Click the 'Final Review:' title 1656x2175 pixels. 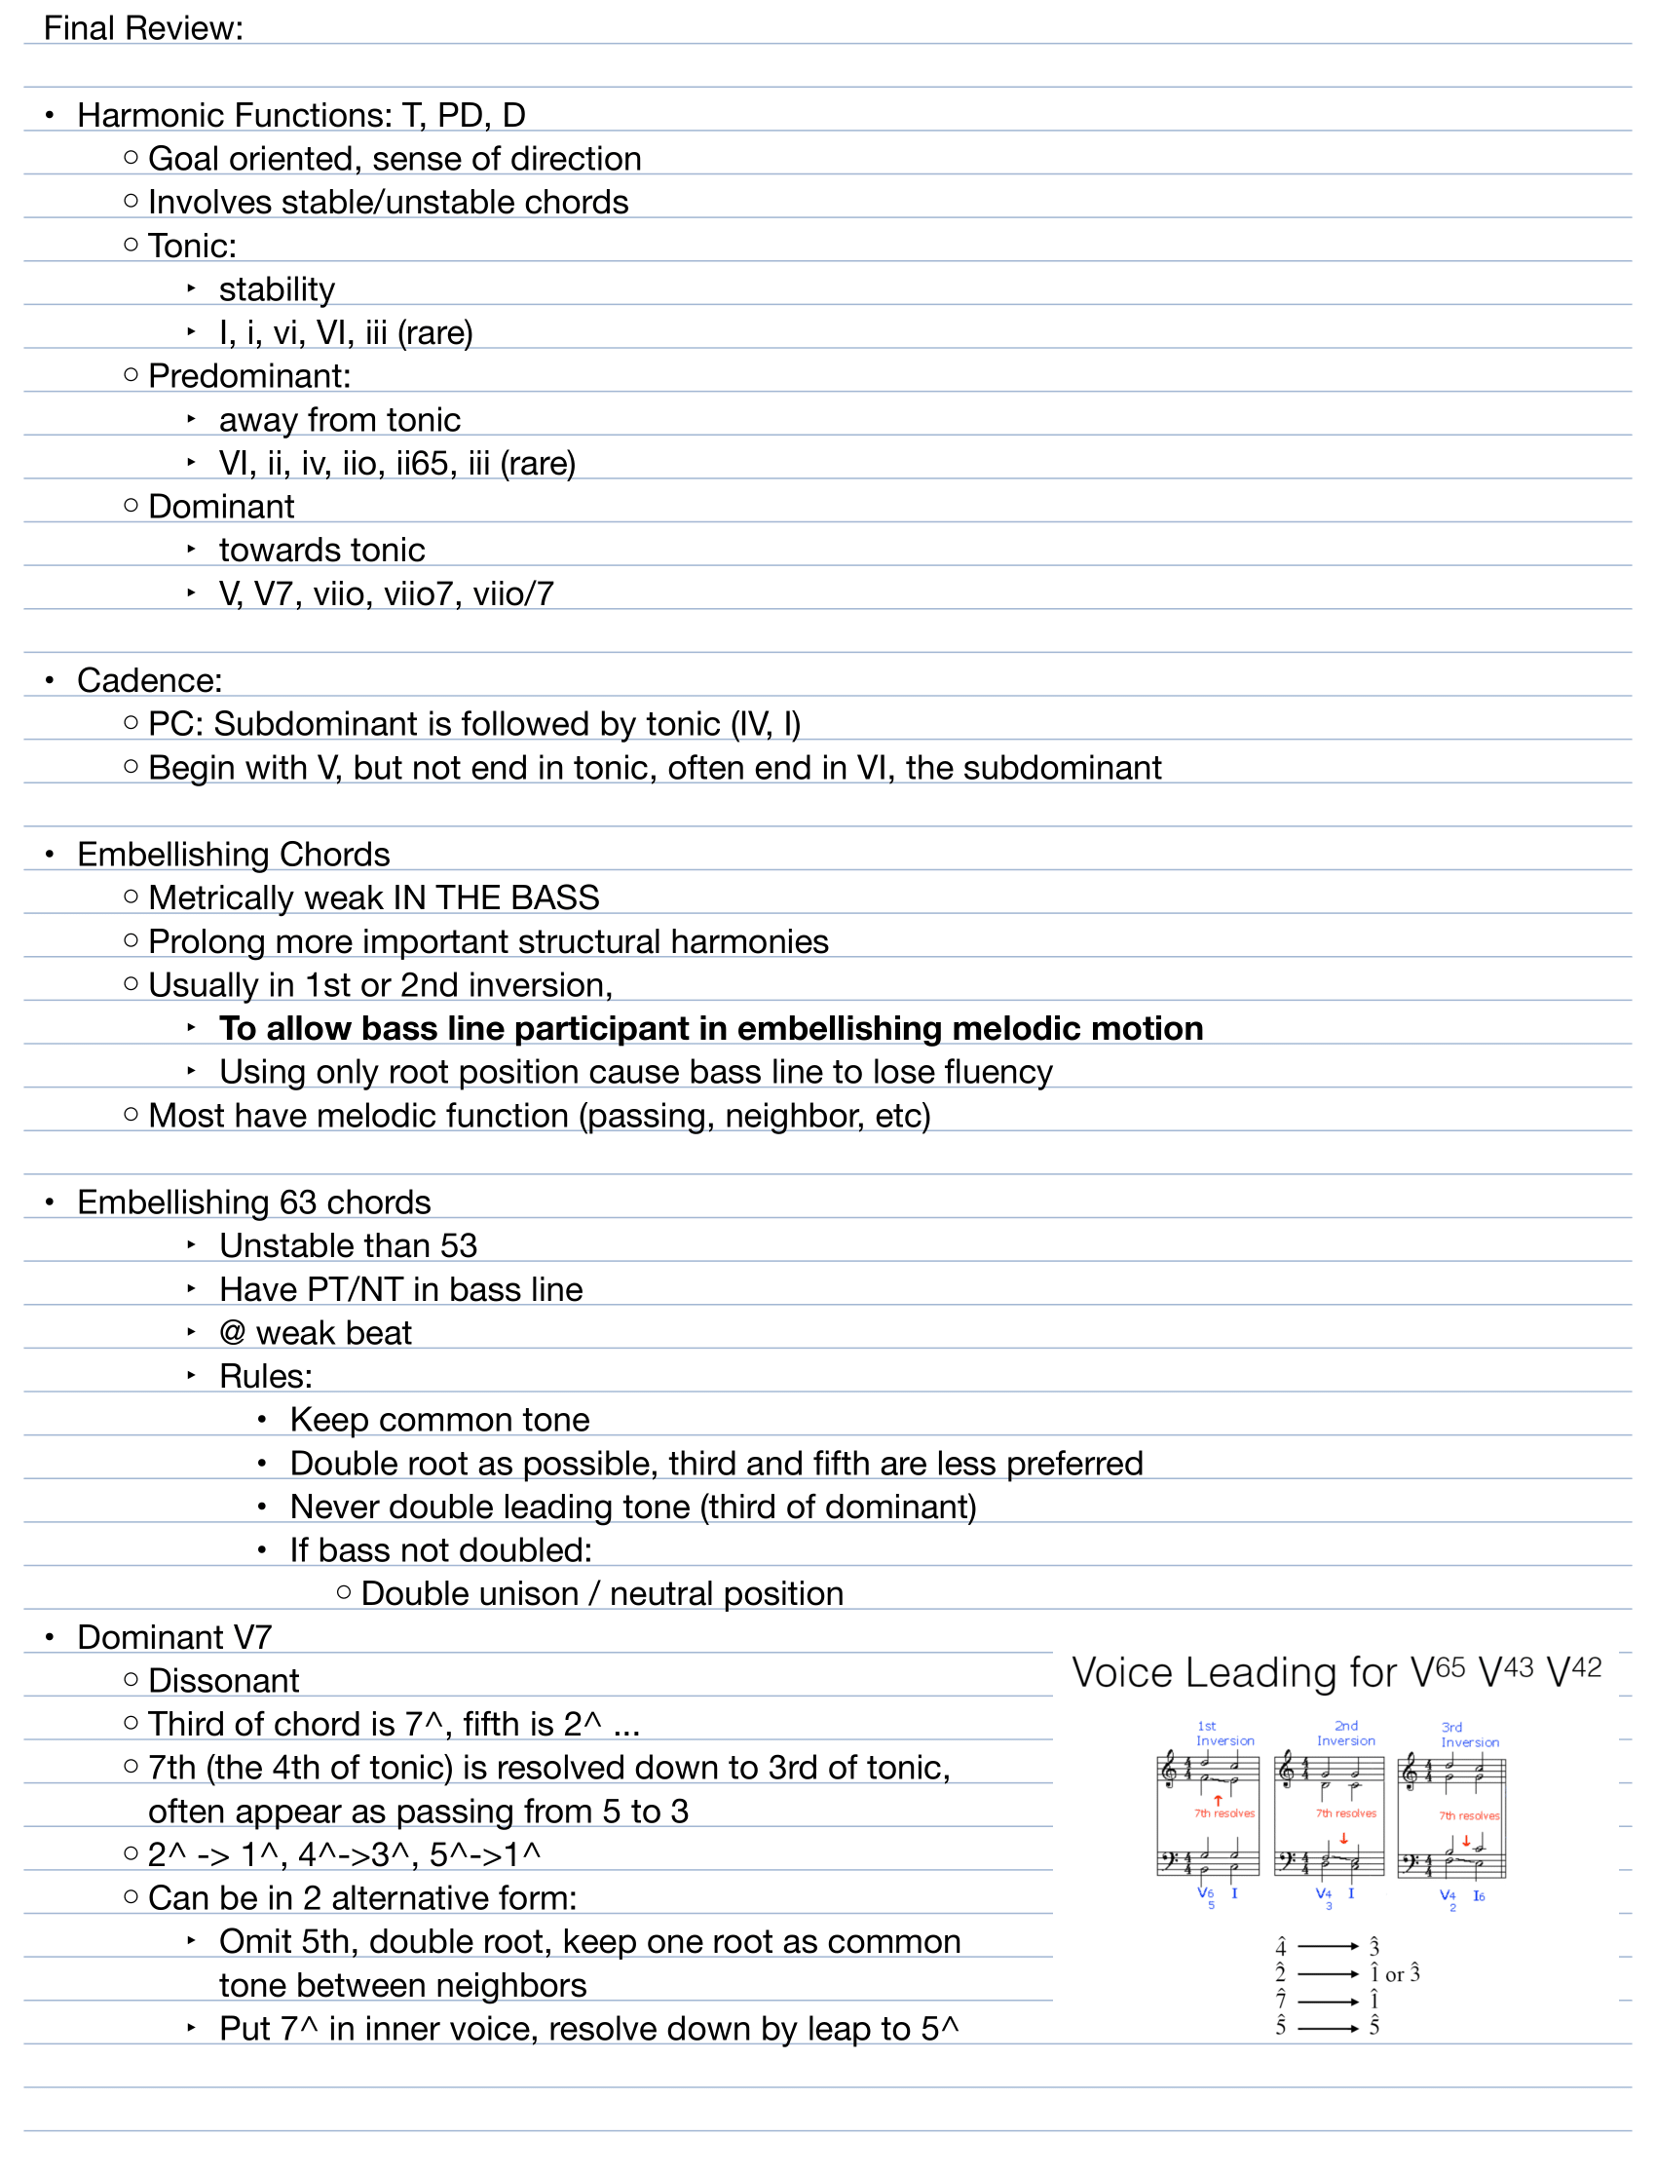click(143, 28)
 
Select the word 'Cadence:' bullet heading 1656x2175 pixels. click(150, 680)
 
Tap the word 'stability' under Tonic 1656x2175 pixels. click(277, 288)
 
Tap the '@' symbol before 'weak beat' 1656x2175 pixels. click(233, 1333)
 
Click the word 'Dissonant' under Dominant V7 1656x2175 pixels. click(224, 1681)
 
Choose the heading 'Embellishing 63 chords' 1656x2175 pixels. click(254, 1202)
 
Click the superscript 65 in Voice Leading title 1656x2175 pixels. click(1450, 1668)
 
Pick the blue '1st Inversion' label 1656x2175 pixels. click(1224, 1734)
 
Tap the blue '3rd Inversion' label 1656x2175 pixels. click(1469, 1735)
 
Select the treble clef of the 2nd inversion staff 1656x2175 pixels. click(1287, 1771)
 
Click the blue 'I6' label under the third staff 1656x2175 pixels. click(1479, 1896)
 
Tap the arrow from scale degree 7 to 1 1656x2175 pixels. click(1328, 2002)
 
